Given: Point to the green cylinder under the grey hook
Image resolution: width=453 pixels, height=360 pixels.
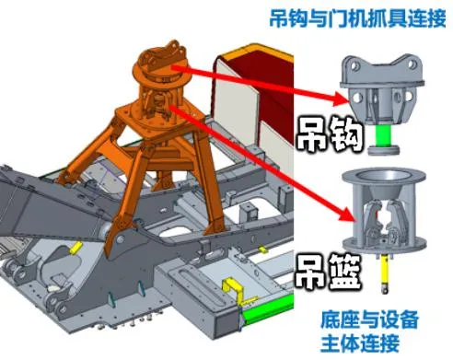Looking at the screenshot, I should (x=385, y=141).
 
